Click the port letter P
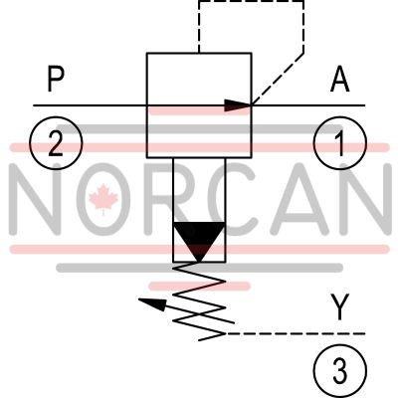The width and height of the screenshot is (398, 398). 56,79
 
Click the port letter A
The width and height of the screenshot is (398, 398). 340,79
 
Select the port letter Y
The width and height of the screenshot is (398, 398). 340,307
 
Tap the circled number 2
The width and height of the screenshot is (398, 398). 56,143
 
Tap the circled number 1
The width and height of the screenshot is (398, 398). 340,143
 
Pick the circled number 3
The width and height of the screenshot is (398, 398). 340,370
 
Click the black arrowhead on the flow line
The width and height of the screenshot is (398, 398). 238,105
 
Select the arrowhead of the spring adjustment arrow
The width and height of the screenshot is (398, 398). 151,302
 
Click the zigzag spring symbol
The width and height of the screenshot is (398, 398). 199,301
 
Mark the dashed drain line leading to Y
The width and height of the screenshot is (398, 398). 296,333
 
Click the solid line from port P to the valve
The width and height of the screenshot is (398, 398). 90,105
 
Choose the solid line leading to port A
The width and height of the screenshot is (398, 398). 308,105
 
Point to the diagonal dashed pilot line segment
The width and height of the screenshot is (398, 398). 278,79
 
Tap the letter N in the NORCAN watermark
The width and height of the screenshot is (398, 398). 38,199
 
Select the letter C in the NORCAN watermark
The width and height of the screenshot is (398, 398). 238,199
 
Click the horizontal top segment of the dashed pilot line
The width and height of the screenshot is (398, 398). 251,1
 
